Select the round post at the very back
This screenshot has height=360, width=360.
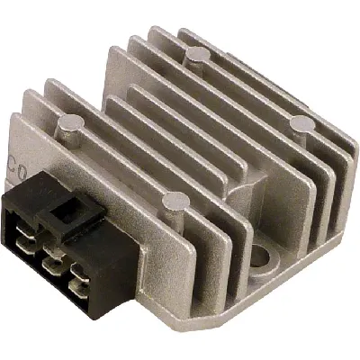pyautogui.click(x=193, y=58)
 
